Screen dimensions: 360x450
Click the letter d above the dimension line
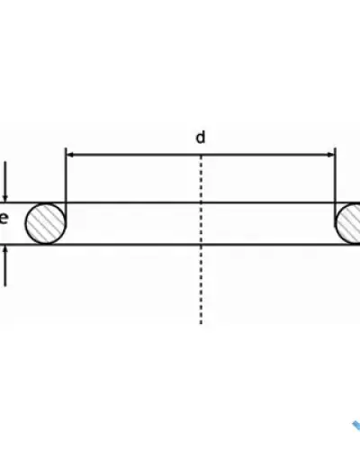click(x=201, y=138)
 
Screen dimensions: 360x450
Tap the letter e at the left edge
click(x=4, y=219)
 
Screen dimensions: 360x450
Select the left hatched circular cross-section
click(x=46, y=223)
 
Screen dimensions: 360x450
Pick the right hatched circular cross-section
click(x=348, y=223)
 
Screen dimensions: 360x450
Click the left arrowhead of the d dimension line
click(x=69, y=155)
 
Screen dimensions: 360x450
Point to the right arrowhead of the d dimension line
click(x=331, y=155)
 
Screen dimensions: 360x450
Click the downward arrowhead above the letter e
click(x=4, y=198)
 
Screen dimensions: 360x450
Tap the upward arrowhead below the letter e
click(x=4, y=249)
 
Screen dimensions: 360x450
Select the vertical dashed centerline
click(x=201, y=239)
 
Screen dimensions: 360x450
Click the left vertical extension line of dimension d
click(x=66, y=175)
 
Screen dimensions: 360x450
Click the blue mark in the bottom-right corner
click(x=356, y=426)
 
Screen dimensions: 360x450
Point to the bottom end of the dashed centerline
click(x=201, y=324)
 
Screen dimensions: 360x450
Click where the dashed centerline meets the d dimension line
click(x=201, y=155)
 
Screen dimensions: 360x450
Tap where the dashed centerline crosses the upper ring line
click(x=201, y=202)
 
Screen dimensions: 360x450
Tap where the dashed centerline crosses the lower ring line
click(x=201, y=245)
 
